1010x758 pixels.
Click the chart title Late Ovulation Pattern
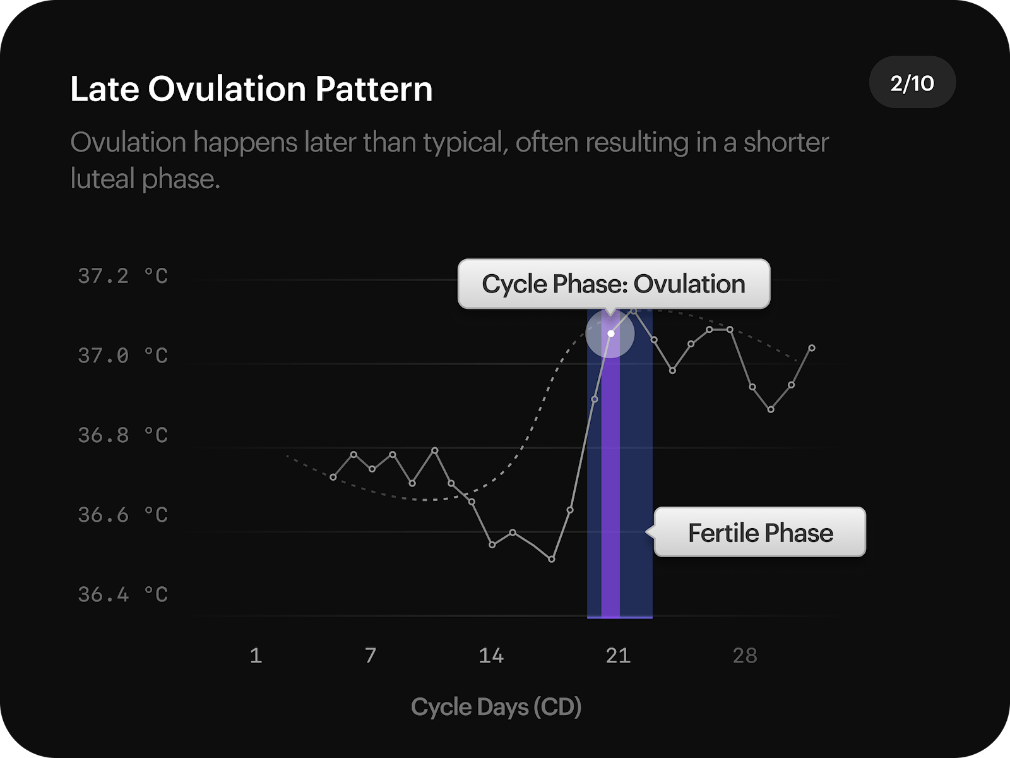click(251, 89)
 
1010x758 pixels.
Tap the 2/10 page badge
click(912, 83)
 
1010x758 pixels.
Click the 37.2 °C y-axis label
click(123, 276)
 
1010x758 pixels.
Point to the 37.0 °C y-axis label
click(123, 356)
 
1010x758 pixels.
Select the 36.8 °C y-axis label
click(123, 435)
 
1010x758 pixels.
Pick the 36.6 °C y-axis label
click(123, 515)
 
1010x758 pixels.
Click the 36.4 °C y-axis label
click(123, 594)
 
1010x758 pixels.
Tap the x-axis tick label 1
click(256, 656)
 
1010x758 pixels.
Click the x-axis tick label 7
click(371, 656)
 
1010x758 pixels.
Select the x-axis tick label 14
click(491, 656)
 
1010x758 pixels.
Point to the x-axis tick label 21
click(618, 656)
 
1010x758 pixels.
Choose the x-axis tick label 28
click(745, 656)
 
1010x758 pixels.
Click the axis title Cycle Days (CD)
click(496, 707)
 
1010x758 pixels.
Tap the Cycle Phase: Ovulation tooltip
click(614, 284)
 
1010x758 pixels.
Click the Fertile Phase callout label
click(760, 532)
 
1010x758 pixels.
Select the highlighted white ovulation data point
click(611, 334)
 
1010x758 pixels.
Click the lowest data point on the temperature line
click(552, 559)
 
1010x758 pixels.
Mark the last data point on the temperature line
click(812, 348)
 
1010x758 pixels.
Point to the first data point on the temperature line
click(333, 477)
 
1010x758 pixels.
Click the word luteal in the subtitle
click(103, 179)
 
